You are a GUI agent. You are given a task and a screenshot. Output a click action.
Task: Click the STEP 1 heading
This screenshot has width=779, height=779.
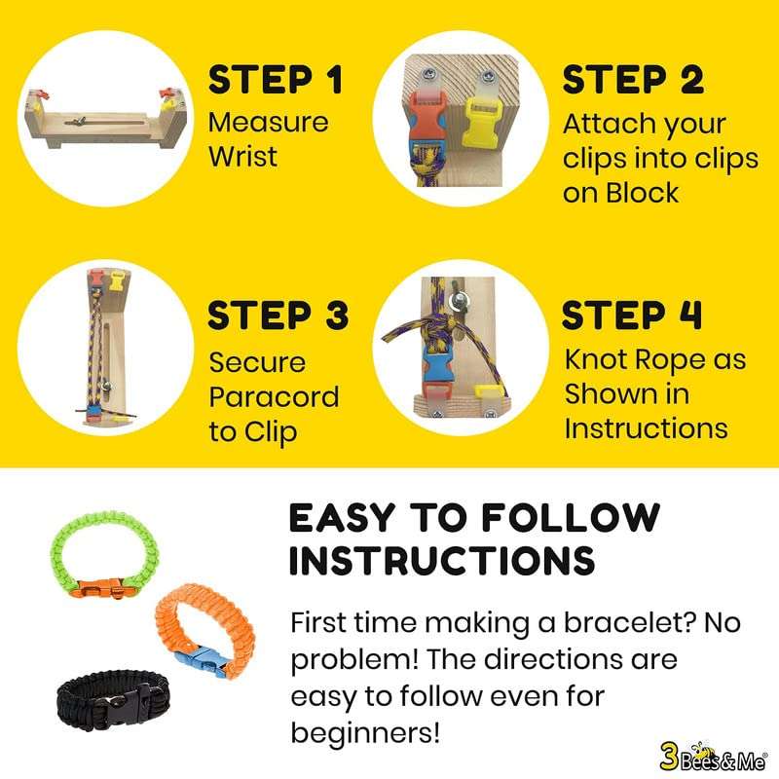pyautogui.click(x=276, y=79)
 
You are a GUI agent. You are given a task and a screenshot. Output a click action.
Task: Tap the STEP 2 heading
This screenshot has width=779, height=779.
pyautogui.click(x=633, y=79)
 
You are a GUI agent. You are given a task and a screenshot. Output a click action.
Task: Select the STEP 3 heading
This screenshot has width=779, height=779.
pyautogui.click(x=278, y=315)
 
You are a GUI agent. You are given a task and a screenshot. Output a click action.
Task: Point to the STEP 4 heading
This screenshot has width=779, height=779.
pyautogui.click(x=634, y=315)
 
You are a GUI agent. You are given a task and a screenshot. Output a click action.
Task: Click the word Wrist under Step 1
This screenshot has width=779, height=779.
pyautogui.click(x=243, y=156)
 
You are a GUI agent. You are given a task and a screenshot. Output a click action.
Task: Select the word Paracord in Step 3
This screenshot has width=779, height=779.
pyautogui.click(x=275, y=396)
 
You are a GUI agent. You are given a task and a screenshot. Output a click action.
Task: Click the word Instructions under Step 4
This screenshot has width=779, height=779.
pyautogui.click(x=646, y=427)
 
